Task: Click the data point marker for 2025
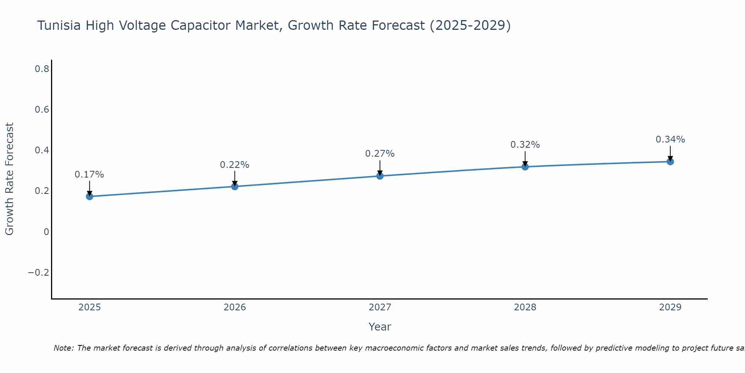tap(89, 196)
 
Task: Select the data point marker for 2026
tap(235, 186)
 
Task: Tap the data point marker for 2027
tap(380, 176)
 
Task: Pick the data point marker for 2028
tap(525, 166)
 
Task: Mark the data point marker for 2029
tap(670, 162)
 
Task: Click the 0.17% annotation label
tap(89, 175)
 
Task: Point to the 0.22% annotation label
tap(235, 165)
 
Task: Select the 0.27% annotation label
tap(380, 154)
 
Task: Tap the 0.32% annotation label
tap(525, 145)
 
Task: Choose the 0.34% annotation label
tap(670, 140)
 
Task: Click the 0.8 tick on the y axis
tap(42, 69)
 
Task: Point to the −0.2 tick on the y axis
tap(39, 273)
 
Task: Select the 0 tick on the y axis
tap(47, 232)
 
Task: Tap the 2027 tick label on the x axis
tap(380, 307)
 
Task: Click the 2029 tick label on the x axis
tap(670, 307)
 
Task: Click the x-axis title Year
tap(380, 327)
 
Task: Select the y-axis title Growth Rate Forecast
tap(10, 179)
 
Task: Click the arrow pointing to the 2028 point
tap(525, 158)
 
